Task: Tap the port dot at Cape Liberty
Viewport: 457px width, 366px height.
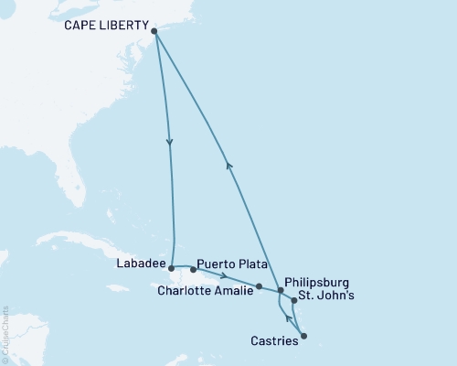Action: [154, 32]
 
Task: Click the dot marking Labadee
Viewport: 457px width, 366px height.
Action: [172, 269]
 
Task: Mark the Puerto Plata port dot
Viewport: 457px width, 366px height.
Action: [194, 270]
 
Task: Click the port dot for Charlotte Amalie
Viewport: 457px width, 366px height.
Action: [260, 286]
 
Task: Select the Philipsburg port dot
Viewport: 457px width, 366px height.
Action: [281, 290]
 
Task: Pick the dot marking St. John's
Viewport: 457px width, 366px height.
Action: [293, 300]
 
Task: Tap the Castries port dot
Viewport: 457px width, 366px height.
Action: [303, 336]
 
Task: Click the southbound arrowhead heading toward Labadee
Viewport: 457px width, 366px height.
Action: [169, 142]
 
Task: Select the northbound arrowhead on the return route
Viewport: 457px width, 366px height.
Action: [228, 165]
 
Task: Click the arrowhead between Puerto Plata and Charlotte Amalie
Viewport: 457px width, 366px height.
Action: [225, 275]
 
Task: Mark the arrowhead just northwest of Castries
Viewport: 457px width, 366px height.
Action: [288, 319]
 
